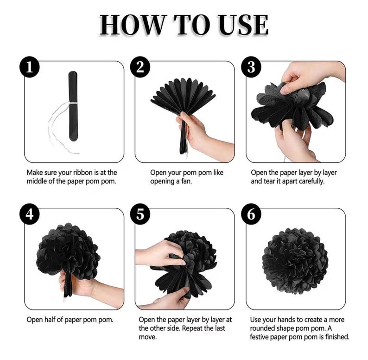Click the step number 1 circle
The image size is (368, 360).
coord(29,67)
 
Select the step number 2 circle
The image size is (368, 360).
coord(140,67)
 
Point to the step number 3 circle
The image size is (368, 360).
coord(251,67)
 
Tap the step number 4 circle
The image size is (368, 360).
coord(29,214)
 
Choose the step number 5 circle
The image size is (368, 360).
coord(140,214)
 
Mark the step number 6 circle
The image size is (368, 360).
coord(251,214)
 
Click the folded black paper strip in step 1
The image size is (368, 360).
coord(73,106)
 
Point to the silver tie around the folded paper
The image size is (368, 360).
coord(73,103)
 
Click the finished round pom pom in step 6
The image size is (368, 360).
coord(295,261)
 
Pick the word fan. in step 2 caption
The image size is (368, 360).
coord(186,181)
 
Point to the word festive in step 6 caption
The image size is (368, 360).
coord(260,337)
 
